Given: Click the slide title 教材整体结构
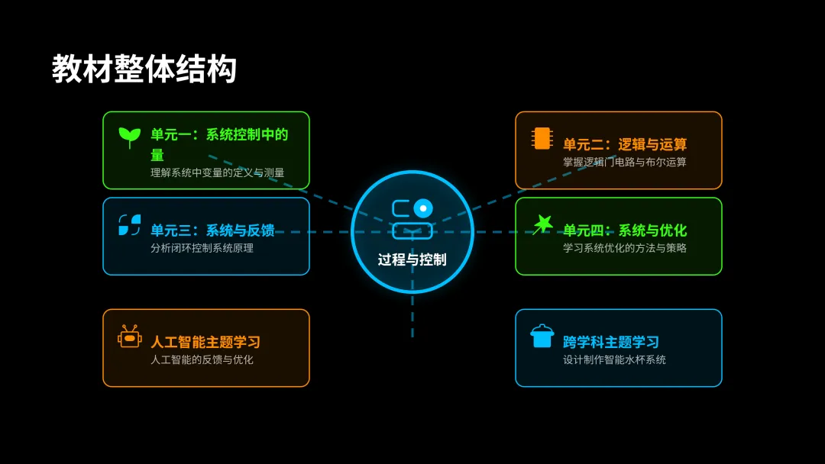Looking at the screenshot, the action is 144,69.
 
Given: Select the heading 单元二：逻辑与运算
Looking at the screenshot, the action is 625,144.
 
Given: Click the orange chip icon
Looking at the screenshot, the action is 542,138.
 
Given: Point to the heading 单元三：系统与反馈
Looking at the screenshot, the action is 212,230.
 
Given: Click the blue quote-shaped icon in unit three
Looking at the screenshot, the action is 130,225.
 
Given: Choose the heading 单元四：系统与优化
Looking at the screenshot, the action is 625,230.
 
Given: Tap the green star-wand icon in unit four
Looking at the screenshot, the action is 542,224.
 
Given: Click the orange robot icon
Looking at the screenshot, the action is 130,337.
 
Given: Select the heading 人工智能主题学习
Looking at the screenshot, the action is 205,342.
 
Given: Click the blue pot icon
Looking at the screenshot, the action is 542,336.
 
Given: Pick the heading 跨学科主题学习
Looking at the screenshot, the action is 611,342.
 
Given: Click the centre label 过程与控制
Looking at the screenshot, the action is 412,259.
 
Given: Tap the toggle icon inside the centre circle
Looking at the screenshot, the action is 412,218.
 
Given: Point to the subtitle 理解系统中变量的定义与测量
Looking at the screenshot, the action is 218,172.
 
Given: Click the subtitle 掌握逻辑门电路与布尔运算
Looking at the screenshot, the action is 625,162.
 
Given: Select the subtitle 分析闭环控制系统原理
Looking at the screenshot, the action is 202,248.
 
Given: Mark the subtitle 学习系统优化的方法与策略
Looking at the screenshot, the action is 625,248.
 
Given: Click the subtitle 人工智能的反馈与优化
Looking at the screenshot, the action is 202,359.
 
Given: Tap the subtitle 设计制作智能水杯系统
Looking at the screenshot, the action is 614,359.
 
